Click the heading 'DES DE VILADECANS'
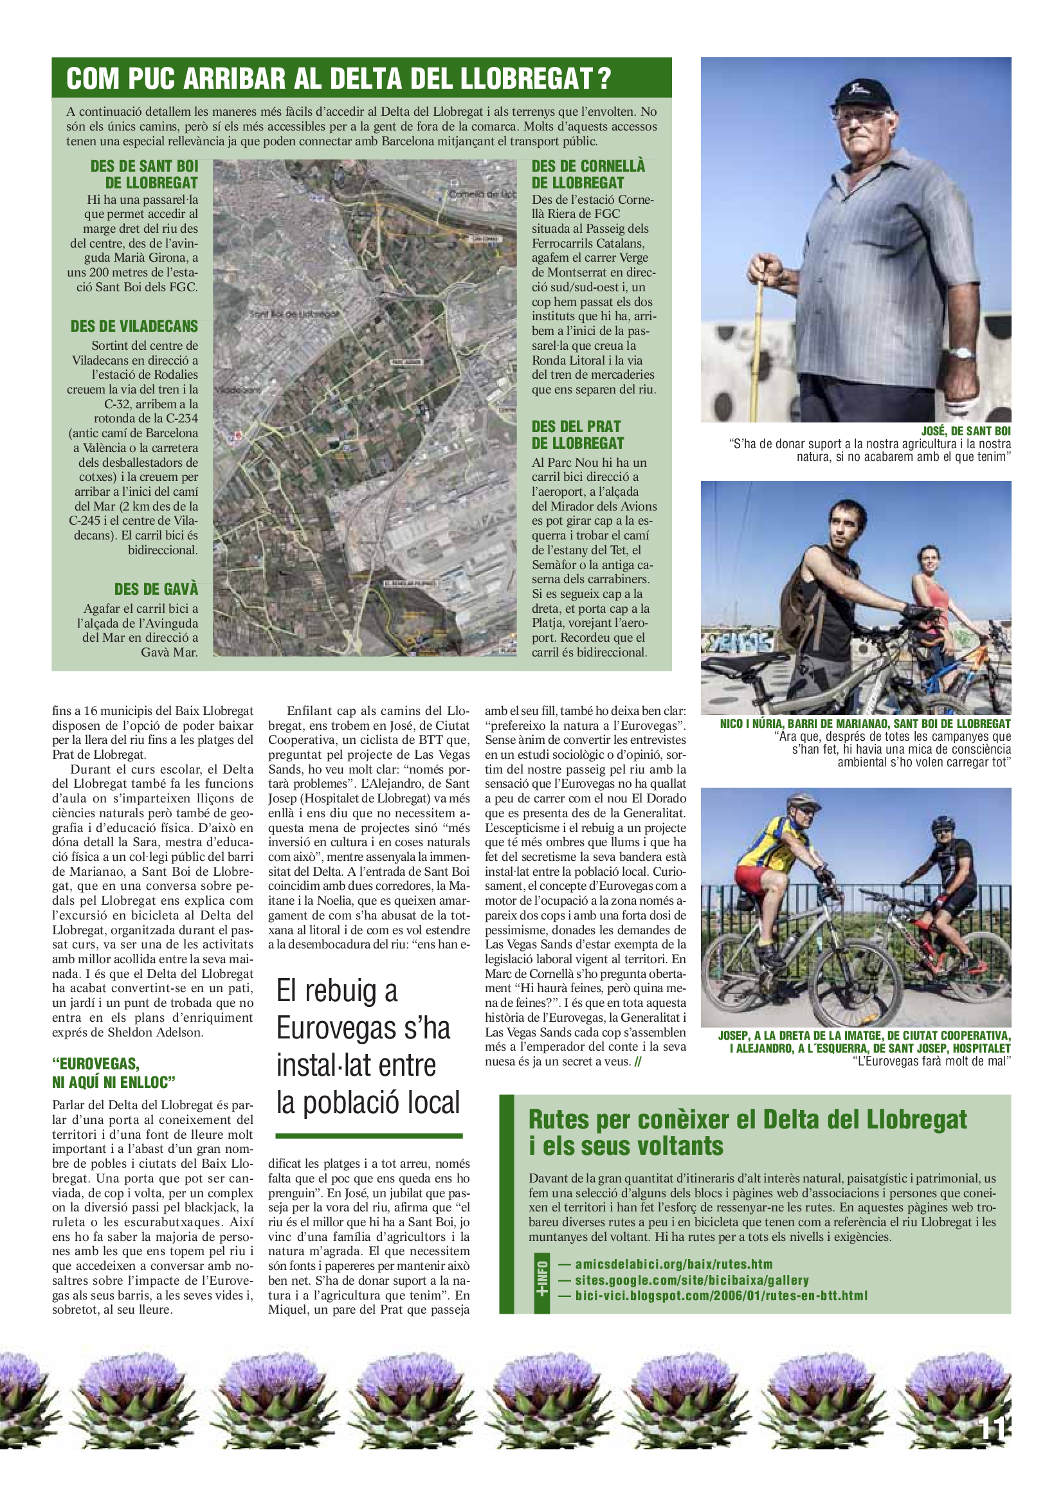point(134,326)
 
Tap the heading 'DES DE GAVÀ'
point(156,589)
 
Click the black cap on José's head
point(859,96)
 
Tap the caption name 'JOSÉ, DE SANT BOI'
point(965,431)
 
